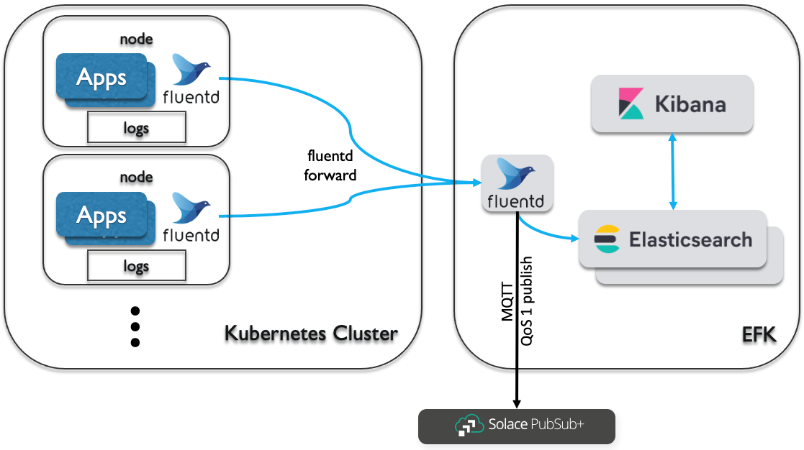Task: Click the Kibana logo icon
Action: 631,104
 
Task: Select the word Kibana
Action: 690,104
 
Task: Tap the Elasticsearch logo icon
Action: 607,239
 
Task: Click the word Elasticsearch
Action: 691,239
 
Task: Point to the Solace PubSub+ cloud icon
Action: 469,426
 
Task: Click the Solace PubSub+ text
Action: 536,424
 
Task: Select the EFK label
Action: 759,335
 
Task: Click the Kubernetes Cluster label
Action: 311,334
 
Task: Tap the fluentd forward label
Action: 330,165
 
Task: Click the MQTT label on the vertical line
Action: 507,301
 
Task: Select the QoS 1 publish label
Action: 527,301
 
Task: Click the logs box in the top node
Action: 136,127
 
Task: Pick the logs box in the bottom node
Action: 136,266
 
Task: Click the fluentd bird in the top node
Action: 191,69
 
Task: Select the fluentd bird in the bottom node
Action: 191,207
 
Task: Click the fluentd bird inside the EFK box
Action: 516,173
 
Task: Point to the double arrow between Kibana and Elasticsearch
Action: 673,172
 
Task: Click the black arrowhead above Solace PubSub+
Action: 517,404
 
